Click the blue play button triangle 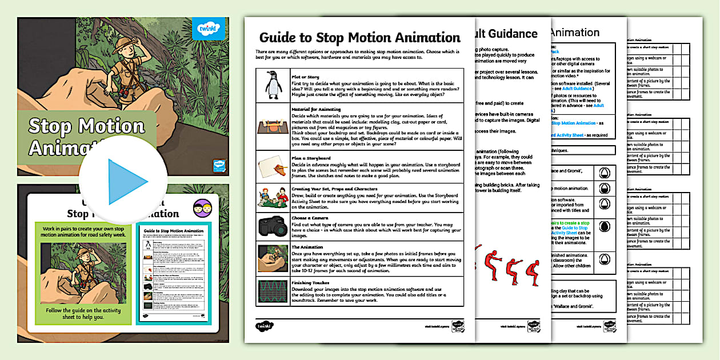click(126, 182)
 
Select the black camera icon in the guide click(272, 227)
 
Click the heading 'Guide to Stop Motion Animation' click(359, 38)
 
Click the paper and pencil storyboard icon click(272, 167)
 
